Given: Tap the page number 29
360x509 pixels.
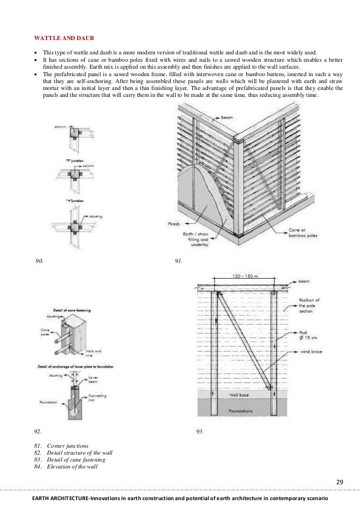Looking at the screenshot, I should (339, 482).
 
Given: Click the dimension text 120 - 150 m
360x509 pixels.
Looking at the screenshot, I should (245, 277).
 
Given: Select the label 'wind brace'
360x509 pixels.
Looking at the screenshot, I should (311, 353).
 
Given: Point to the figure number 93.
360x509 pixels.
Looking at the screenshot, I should (200, 431).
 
